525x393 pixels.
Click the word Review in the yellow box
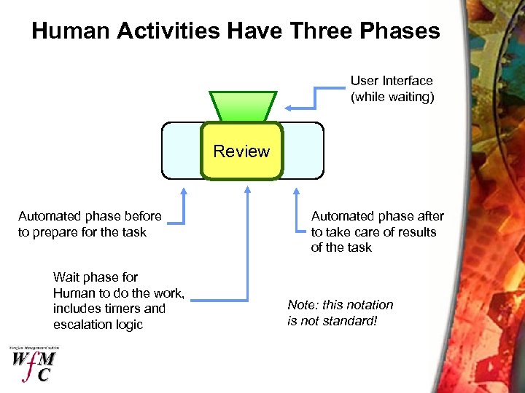pos(241,152)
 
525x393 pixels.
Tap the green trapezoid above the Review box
pos(243,106)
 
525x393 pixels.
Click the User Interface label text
pos(392,81)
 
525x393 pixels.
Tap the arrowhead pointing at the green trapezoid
pos(289,108)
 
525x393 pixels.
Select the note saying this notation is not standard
pos(340,313)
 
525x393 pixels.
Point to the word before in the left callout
pos(143,216)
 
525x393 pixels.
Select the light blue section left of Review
pos(181,150)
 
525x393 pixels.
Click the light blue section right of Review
pos(302,150)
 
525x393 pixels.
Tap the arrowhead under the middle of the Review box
pos(248,188)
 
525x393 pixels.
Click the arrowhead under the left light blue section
pos(184,191)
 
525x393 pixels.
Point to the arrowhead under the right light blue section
pos(296,191)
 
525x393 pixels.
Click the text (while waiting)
pos(392,97)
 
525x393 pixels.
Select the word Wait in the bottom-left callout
pos(66,277)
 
